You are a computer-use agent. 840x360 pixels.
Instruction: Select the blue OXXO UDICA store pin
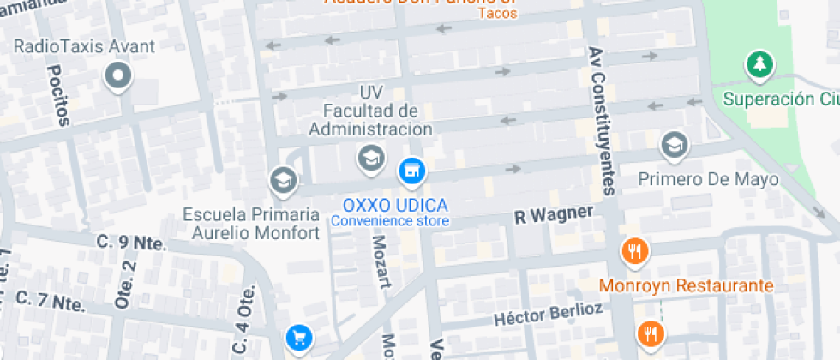(x=411, y=171)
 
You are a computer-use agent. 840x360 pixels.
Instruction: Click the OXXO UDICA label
(x=395, y=206)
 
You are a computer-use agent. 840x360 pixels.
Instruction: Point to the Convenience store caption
(x=390, y=221)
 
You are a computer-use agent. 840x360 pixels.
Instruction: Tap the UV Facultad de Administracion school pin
(x=370, y=158)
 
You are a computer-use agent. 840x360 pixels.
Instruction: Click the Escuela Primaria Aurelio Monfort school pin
(x=282, y=180)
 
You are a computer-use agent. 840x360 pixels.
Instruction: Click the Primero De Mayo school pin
(x=675, y=146)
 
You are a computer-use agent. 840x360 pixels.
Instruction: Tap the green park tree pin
(x=759, y=64)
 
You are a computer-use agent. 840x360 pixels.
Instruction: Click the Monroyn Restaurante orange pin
(x=634, y=251)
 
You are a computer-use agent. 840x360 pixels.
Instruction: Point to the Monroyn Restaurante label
(x=686, y=285)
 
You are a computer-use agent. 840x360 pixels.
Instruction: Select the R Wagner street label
(x=553, y=214)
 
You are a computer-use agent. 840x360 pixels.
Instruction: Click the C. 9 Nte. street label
(x=131, y=243)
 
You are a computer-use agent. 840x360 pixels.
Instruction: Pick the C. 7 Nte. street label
(x=50, y=301)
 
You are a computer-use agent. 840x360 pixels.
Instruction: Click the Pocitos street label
(x=57, y=95)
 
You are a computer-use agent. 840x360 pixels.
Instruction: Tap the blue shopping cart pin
(x=297, y=337)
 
